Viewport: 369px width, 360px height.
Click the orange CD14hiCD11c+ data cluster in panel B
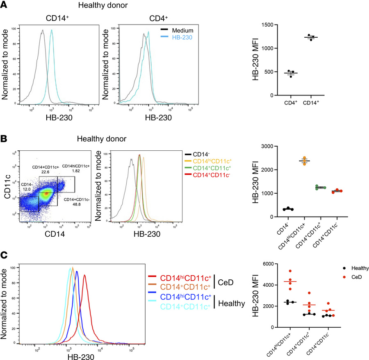click(x=304, y=161)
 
